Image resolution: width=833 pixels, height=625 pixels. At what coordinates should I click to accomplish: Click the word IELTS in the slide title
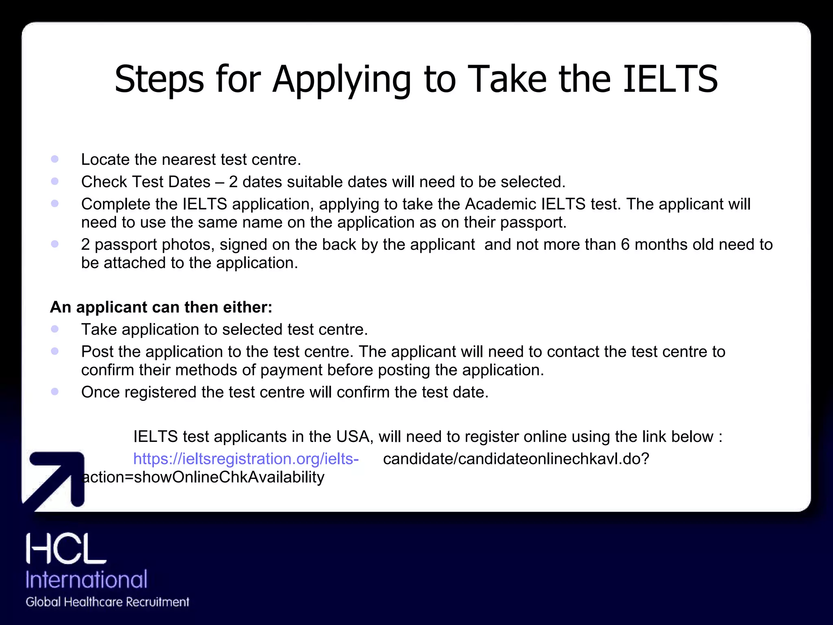coord(670,79)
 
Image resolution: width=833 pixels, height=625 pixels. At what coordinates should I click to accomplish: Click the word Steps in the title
coord(159,80)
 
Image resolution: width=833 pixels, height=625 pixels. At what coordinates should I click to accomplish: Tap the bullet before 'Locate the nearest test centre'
coord(55,159)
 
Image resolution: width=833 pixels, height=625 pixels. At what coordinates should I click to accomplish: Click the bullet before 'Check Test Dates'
coord(55,181)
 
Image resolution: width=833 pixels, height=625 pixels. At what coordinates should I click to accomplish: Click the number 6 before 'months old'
coord(625,245)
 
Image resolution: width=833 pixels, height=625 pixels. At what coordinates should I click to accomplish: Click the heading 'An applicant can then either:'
coord(161,307)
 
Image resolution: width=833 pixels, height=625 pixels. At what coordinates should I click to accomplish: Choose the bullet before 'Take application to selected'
coord(55,329)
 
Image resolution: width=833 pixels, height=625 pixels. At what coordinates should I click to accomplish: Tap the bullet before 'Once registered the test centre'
coord(55,392)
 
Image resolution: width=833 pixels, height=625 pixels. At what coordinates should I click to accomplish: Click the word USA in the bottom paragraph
coord(353,437)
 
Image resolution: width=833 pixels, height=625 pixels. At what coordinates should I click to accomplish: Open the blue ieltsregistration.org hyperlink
coord(246,459)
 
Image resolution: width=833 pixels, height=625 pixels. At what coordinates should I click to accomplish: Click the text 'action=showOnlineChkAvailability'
coord(203,477)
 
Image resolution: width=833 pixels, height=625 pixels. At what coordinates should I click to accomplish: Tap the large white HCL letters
coord(66,549)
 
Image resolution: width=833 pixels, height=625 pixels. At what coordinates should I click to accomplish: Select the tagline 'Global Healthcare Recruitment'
coord(107,602)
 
